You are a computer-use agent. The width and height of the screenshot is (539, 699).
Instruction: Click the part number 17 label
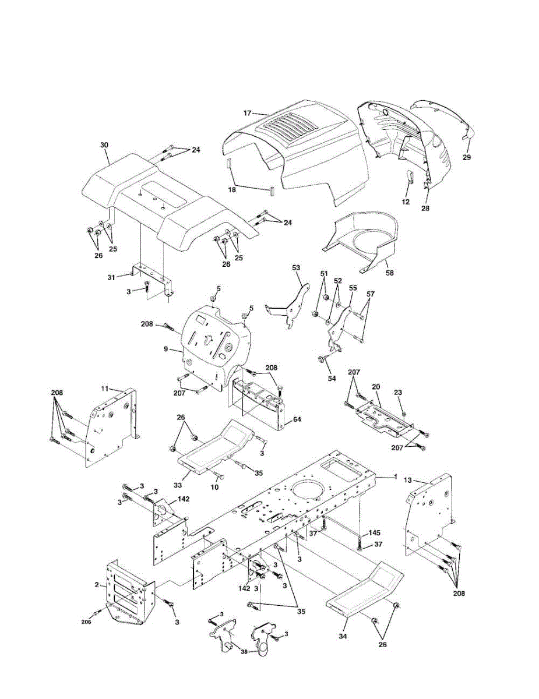tap(247, 113)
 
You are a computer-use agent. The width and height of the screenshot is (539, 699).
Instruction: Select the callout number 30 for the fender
tap(104, 144)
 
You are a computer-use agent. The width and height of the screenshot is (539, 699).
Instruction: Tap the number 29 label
tap(467, 157)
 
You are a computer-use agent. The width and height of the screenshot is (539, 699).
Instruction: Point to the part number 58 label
tap(389, 271)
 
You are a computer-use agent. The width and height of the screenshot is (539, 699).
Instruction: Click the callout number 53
tap(296, 267)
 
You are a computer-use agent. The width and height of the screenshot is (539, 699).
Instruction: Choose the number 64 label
tap(297, 419)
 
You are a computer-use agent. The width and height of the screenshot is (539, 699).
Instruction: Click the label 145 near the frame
tap(375, 532)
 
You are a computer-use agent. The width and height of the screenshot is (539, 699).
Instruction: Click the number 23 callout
tap(398, 393)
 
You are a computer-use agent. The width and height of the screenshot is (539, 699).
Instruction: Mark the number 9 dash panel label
tap(165, 349)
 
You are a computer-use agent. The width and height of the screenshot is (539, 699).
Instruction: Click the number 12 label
tap(406, 202)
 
